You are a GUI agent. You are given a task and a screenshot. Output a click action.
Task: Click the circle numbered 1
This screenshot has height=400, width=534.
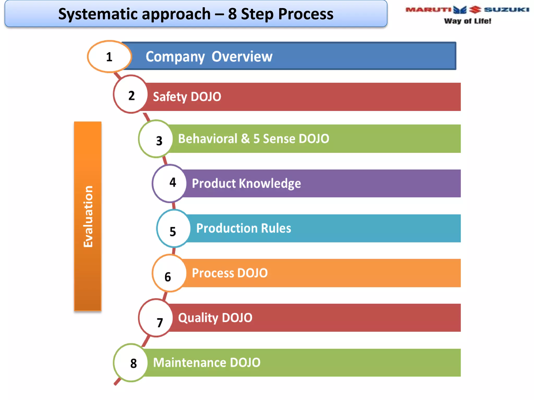coord(109,57)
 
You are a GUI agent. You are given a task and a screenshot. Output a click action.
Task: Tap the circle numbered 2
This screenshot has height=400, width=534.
coord(131,94)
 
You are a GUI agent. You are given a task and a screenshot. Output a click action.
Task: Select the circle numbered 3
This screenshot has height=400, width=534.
coord(156,139)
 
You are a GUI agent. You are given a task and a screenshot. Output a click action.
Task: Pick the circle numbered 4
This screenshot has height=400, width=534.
coord(170,183)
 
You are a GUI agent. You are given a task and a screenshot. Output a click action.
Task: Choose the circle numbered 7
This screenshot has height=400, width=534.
coord(156,318)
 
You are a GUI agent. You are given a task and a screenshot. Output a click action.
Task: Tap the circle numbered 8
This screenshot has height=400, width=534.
coord(131,363)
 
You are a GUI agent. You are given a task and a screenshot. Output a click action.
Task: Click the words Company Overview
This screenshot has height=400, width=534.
coord(209,57)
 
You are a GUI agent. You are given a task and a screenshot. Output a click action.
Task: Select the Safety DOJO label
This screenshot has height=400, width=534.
coord(187,97)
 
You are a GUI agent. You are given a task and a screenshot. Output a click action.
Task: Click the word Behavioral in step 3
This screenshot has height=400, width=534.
coord(208,139)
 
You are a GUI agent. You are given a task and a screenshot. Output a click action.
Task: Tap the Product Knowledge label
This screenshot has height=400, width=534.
coord(246,183)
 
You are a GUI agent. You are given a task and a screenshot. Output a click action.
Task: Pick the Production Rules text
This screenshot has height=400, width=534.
coord(243,228)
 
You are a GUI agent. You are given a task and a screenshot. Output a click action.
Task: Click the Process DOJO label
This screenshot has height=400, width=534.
coord(229,273)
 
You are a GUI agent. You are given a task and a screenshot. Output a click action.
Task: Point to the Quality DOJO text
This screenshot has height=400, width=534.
coord(215,318)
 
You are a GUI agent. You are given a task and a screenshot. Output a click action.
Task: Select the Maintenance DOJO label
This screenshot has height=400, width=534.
coord(207,362)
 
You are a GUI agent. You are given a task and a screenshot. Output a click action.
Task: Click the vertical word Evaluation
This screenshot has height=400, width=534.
coord(88,216)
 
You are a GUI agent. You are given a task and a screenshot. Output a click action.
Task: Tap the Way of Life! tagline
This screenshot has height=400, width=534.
coord(468,21)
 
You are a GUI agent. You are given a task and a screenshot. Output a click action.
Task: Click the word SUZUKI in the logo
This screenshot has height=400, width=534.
coord(506,10)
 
